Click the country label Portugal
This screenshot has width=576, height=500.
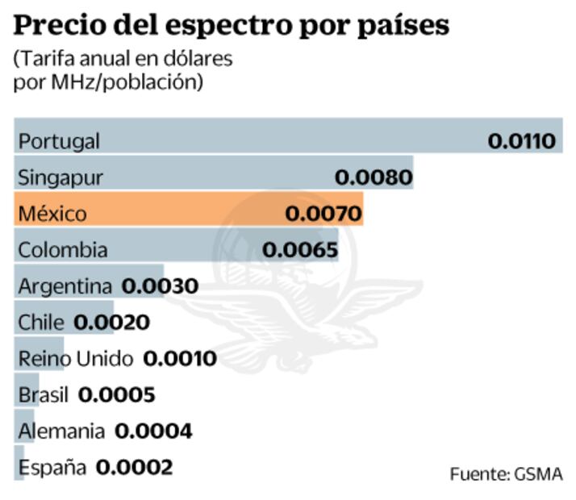click(59, 141)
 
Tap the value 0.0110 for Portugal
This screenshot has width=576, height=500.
click(521, 141)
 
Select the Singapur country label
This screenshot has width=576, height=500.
click(61, 177)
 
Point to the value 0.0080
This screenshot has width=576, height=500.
click(374, 177)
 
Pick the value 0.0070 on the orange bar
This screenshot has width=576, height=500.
click(323, 214)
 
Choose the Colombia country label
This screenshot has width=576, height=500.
click(62, 250)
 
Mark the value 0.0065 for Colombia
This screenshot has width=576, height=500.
click(300, 250)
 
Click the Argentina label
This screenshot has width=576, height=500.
click(65, 286)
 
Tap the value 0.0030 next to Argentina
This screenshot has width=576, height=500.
click(160, 286)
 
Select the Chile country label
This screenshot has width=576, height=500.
click(40, 323)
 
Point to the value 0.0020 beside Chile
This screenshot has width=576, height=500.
click(111, 323)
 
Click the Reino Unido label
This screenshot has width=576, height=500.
click(76, 359)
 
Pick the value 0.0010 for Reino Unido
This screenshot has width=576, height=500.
click(179, 359)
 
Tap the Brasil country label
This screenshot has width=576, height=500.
click(44, 395)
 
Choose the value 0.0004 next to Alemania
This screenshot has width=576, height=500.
click(153, 431)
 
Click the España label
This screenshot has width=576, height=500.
click(52, 467)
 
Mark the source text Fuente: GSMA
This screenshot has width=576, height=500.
click(505, 473)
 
